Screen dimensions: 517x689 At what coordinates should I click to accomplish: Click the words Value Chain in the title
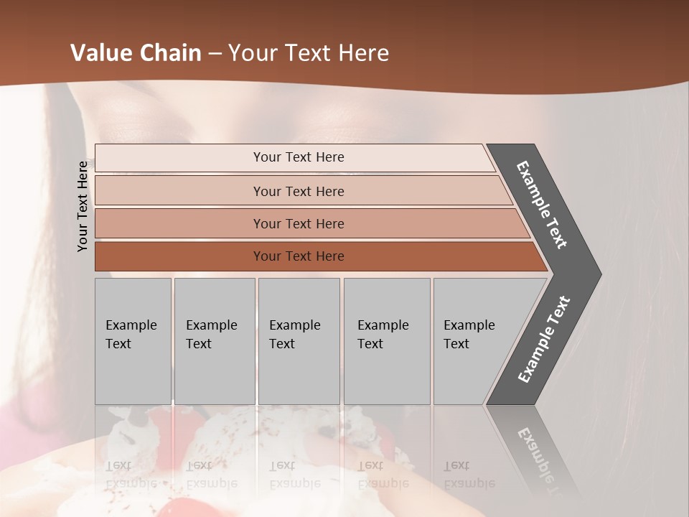click(136, 53)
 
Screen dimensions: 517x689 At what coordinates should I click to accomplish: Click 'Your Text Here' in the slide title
click(309, 53)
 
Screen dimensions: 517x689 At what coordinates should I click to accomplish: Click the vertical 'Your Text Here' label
click(83, 206)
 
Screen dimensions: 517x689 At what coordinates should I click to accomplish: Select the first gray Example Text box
click(133, 341)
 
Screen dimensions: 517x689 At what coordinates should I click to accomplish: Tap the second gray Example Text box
click(214, 341)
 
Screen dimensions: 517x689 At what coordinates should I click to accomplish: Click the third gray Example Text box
click(299, 341)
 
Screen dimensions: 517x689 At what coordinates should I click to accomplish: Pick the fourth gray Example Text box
click(386, 341)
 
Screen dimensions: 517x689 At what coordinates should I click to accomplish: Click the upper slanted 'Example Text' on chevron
click(542, 205)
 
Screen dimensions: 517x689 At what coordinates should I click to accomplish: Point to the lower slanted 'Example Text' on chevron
click(543, 339)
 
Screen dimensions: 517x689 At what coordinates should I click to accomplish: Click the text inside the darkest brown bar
click(299, 256)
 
